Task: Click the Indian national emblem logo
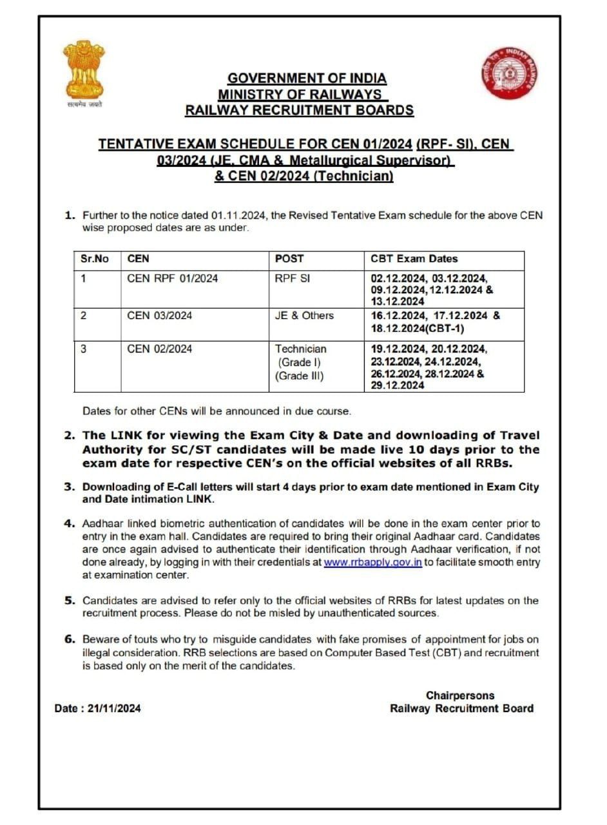click(83, 72)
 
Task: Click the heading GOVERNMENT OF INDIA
click(307, 79)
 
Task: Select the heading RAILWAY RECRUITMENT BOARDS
click(299, 110)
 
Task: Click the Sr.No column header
click(95, 259)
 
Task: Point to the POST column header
click(289, 259)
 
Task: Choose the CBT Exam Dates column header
click(414, 259)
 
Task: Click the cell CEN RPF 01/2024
click(173, 278)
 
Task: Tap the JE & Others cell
click(304, 316)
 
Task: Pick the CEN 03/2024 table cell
click(160, 316)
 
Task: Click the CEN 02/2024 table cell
click(160, 349)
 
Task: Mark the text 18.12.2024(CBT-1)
click(418, 327)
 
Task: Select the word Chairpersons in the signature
click(460, 695)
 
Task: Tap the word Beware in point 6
click(99, 639)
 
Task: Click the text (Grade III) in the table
click(300, 376)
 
